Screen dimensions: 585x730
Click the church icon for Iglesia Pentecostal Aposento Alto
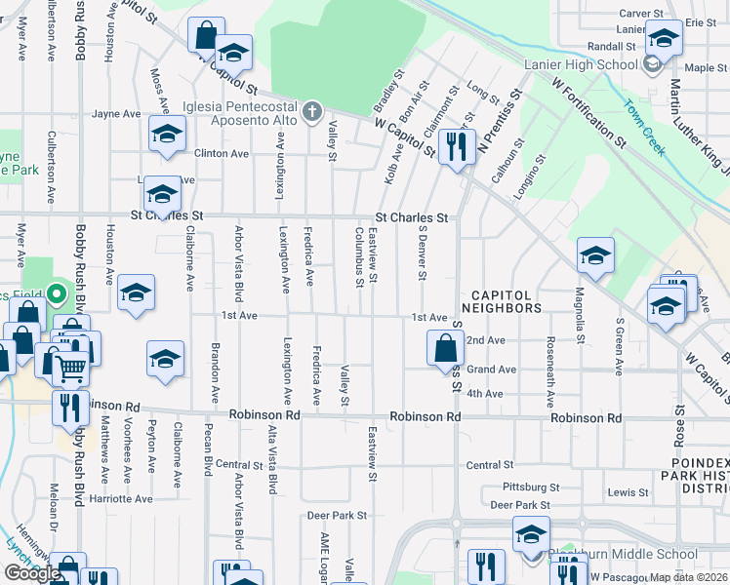(x=312, y=111)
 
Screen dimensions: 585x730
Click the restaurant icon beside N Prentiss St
(x=456, y=147)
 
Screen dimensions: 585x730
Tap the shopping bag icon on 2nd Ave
(x=445, y=348)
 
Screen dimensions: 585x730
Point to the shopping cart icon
(x=70, y=368)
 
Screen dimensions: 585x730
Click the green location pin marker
(x=57, y=292)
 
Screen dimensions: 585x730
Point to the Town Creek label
(x=643, y=121)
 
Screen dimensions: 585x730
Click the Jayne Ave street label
(x=116, y=114)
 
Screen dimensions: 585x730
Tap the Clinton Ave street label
(x=221, y=154)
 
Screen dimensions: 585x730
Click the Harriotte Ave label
(x=121, y=498)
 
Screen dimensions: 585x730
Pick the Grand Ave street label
(x=491, y=370)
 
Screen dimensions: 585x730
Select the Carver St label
(x=641, y=14)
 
